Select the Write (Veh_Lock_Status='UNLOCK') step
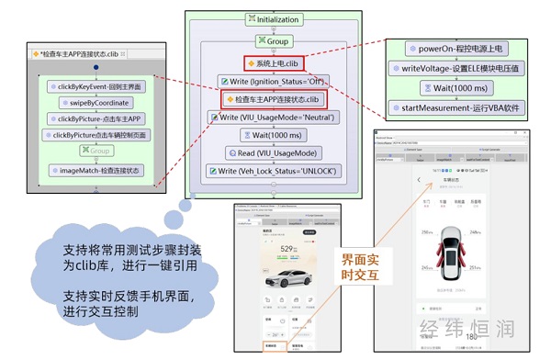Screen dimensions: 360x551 coord(275,171)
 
